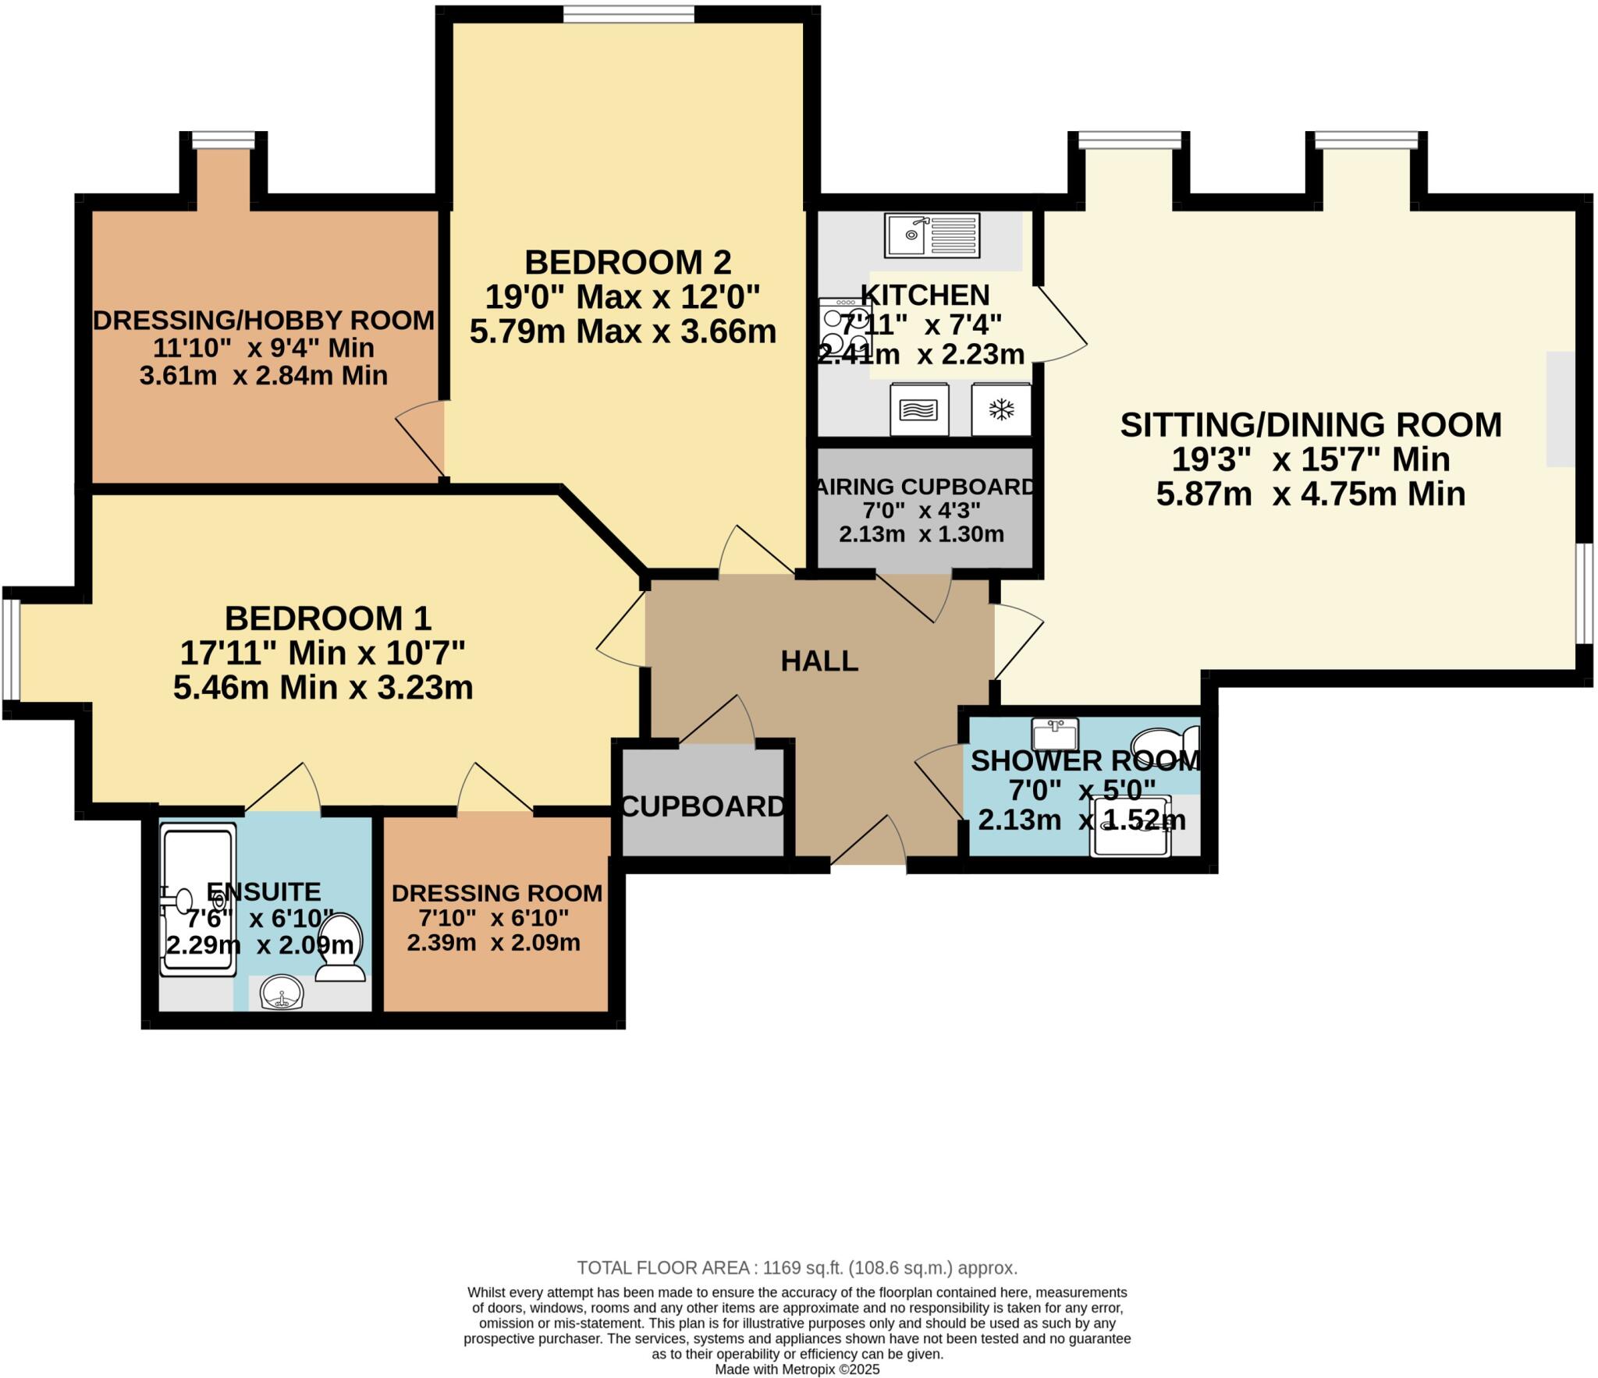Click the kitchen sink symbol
point(932,235)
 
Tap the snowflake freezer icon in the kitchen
point(1001,409)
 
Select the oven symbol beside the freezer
point(919,409)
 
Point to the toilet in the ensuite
point(341,947)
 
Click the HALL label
point(819,661)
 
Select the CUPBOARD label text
point(702,806)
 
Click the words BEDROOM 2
point(627,262)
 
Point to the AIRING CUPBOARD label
point(925,487)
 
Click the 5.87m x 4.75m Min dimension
point(1310,494)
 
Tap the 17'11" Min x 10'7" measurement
point(322,652)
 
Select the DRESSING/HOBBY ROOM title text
point(264,320)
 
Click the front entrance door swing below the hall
point(868,842)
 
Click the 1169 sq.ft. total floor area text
point(797,1267)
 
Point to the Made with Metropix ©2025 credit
point(797,1369)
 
